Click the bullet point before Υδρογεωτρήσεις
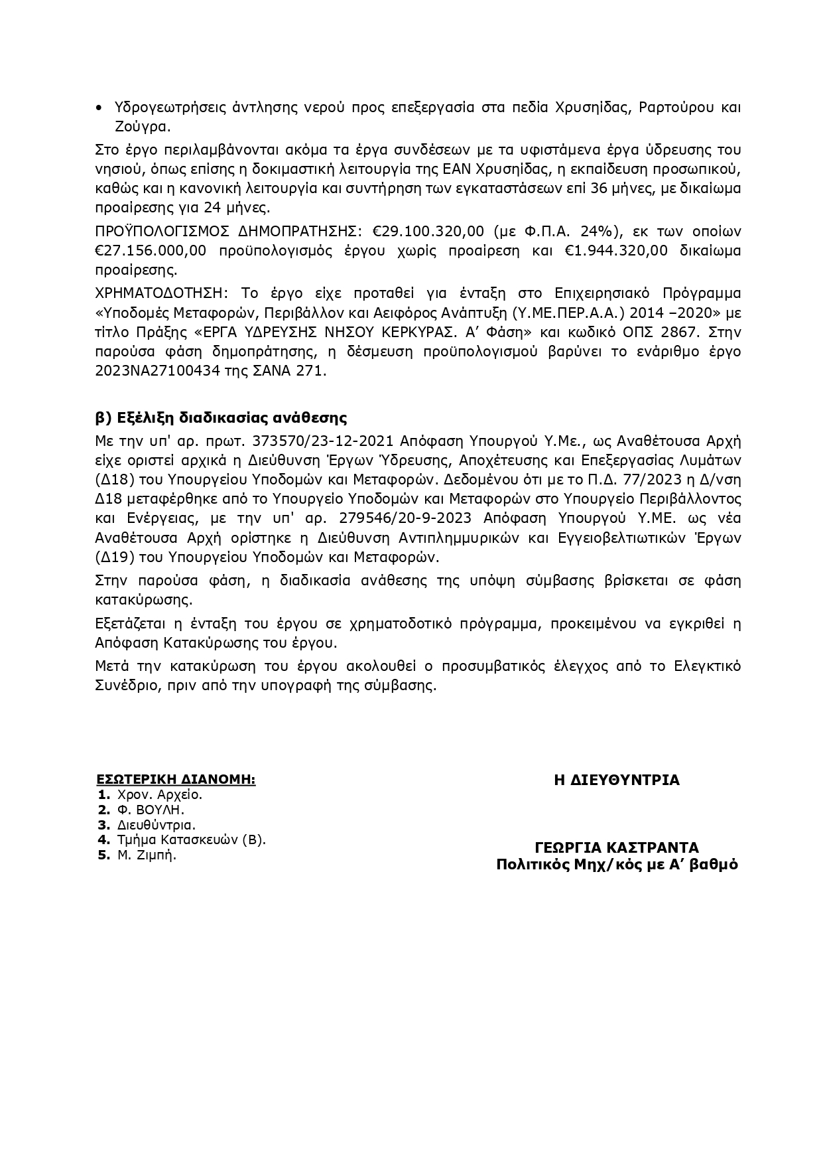tap(99, 108)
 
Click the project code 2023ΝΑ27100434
tap(155, 371)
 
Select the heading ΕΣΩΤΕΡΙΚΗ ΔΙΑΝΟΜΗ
tap(176, 779)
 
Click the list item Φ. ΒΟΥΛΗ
tap(150, 810)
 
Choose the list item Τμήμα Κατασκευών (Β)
tap(191, 840)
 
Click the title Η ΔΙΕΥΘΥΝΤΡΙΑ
tap(617, 780)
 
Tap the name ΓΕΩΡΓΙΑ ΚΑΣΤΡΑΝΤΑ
tap(617, 848)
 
